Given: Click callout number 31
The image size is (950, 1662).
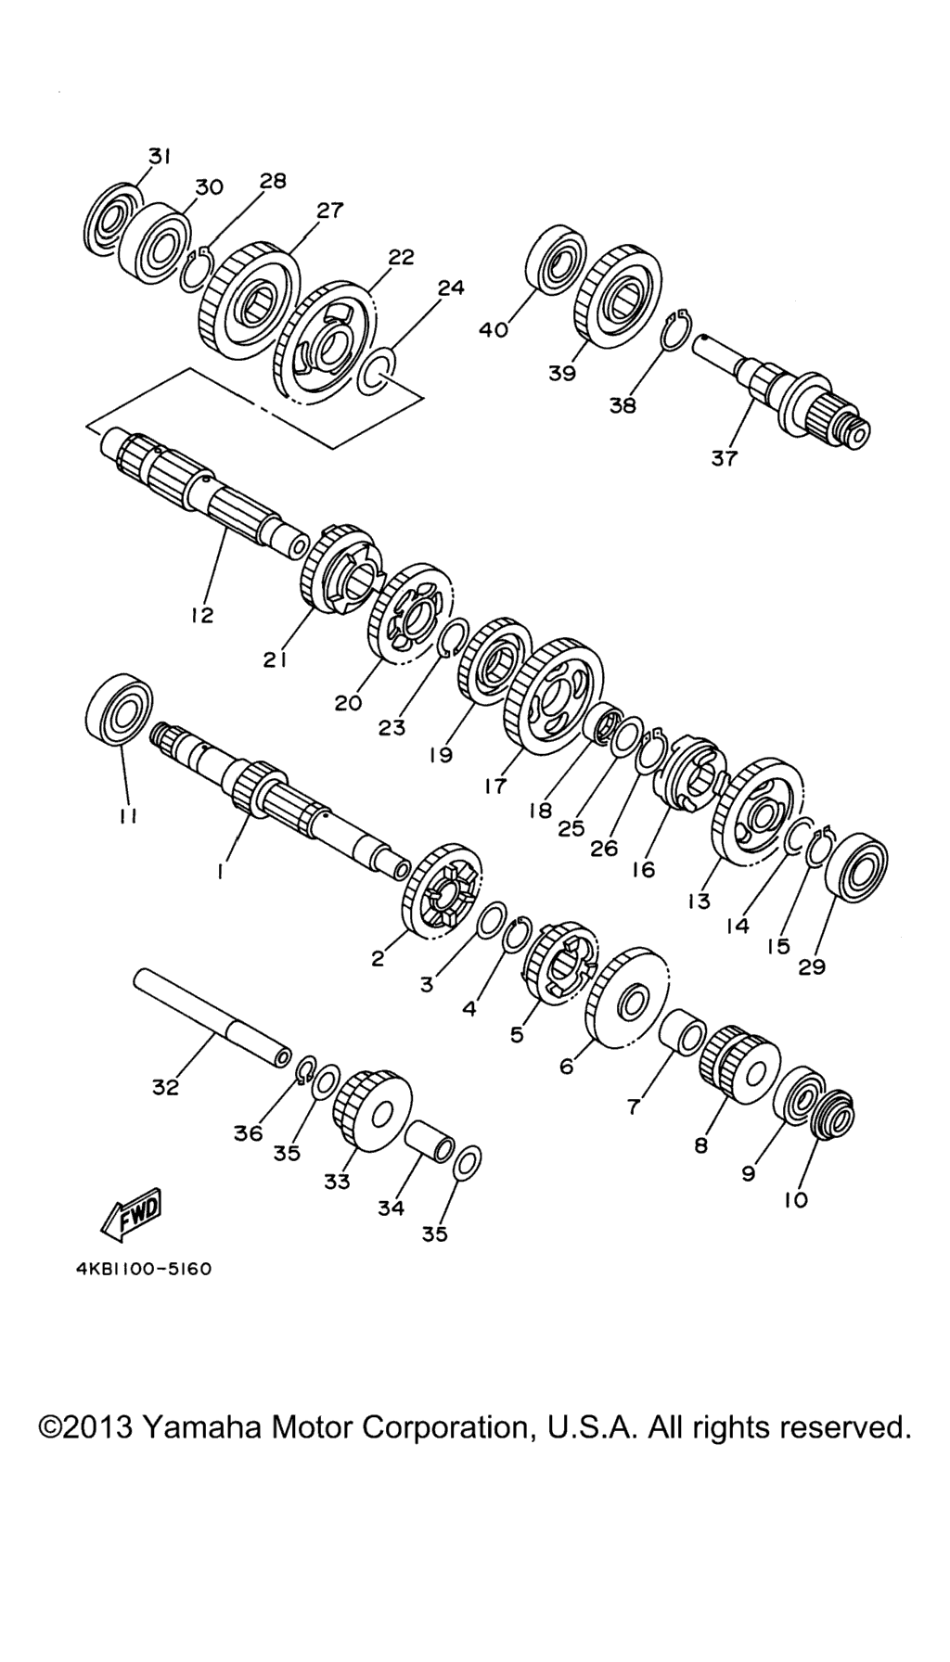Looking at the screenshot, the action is click(x=159, y=156).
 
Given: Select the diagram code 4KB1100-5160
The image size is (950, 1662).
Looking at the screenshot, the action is click(x=143, y=1268).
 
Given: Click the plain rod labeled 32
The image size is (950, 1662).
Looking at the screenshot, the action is click(x=212, y=1020).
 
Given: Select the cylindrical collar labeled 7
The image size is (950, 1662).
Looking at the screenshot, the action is click(x=684, y=1033).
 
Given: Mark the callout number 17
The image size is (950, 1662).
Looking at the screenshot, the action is click(x=495, y=786).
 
